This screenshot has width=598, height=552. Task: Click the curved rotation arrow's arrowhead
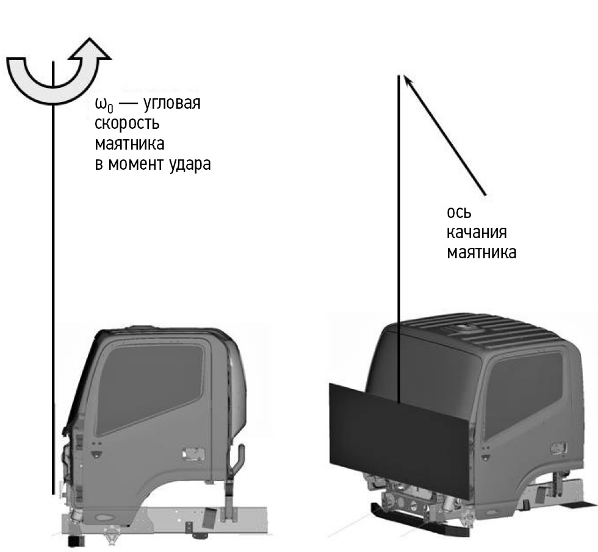tap(90, 49)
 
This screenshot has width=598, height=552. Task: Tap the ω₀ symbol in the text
tap(104, 104)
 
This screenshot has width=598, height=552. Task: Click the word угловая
tap(172, 103)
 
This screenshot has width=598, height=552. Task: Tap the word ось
tap(459, 212)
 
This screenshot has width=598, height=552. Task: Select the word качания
tap(477, 233)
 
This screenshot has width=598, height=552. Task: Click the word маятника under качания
tap(481, 253)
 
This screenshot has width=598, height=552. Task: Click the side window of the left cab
tap(149, 389)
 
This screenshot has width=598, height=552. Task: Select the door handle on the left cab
tap(193, 454)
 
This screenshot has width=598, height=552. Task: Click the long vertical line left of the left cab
tap(53, 278)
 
